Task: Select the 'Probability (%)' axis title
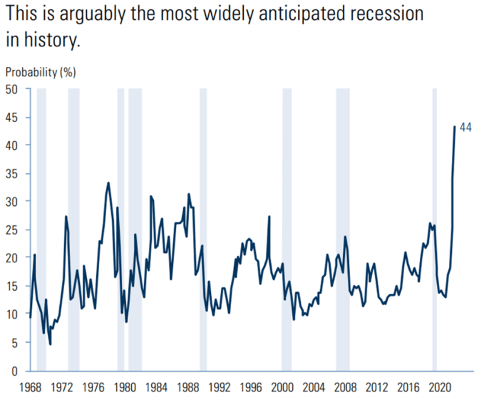pos(41,72)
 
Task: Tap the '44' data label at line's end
pos(465,127)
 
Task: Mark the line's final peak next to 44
pos(455,126)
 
